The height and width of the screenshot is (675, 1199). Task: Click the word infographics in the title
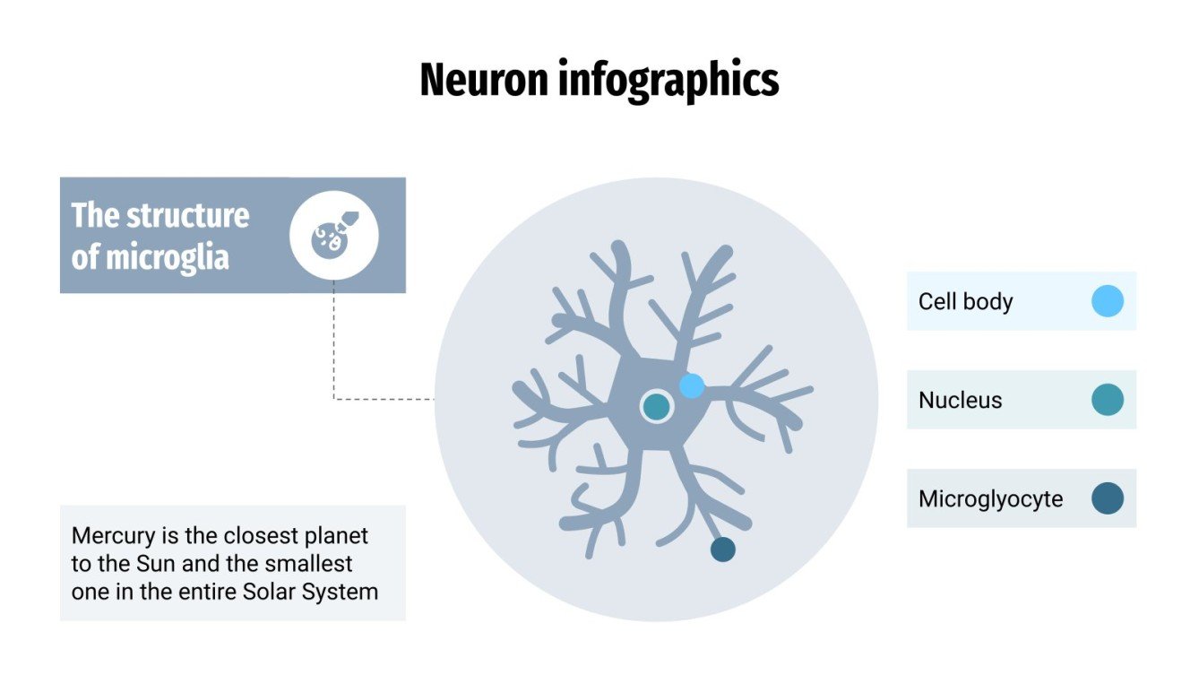click(x=669, y=82)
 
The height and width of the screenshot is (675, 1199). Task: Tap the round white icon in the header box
click(x=334, y=236)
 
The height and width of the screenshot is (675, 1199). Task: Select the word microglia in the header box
click(x=168, y=258)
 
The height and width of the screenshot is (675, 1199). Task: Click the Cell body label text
click(x=965, y=301)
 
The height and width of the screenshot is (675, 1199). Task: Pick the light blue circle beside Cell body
click(x=1108, y=301)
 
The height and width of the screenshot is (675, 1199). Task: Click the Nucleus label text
click(x=960, y=400)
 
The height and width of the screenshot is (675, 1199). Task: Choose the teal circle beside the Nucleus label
click(x=1108, y=400)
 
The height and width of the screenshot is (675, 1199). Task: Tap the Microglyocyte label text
click(x=990, y=498)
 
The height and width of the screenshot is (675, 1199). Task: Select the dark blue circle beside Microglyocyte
click(x=1108, y=498)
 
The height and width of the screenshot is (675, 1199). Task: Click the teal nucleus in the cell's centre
click(x=657, y=407)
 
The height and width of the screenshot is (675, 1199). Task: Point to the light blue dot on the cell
click(x=692, y=386)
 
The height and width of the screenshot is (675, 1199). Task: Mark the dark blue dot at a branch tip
click(x=722, y=550)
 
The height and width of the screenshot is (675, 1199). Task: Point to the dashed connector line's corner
click(x=334, y=399)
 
